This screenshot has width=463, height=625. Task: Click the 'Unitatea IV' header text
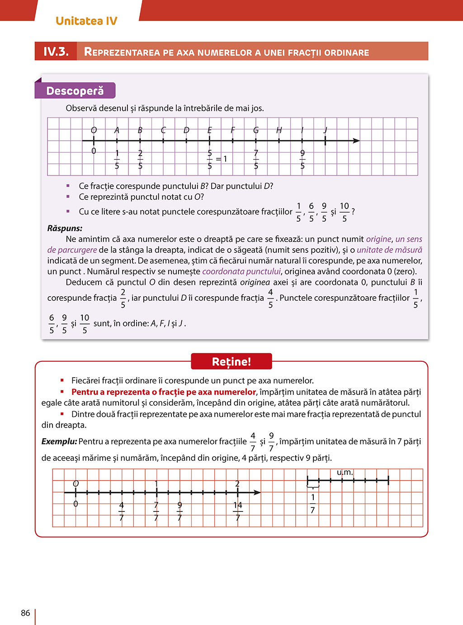tap(86, 21)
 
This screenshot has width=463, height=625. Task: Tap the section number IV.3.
tap(56, 52)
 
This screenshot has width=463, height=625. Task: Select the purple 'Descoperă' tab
tap(75, 91)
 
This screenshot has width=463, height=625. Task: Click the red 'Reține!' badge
tap(231, 362)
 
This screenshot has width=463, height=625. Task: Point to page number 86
tap(25, 613)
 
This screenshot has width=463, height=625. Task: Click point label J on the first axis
tap(325, 130)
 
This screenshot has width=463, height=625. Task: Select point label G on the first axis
tap(256, 130)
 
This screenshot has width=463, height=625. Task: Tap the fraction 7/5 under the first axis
tap(256, 160)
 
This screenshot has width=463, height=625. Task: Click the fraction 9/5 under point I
tap(302, 160)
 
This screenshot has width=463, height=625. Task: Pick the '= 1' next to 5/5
tap(222, 159)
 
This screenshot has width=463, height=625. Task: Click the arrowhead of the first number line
tap(356, 141)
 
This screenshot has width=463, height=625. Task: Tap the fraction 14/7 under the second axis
tap(238, 511)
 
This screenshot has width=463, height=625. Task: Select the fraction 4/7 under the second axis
tap(122, 511)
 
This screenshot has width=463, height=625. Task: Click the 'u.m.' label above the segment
tap(345, 473)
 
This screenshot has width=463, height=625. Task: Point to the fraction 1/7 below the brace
tap(312, 503)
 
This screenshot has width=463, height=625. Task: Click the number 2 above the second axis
tap(237, 484)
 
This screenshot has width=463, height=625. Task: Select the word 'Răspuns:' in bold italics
tap(65, 228)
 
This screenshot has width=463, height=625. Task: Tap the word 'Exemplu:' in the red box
tap(59, 441)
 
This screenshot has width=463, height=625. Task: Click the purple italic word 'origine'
tap(378, 239)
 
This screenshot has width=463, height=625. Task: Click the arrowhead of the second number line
tap(257, 492)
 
